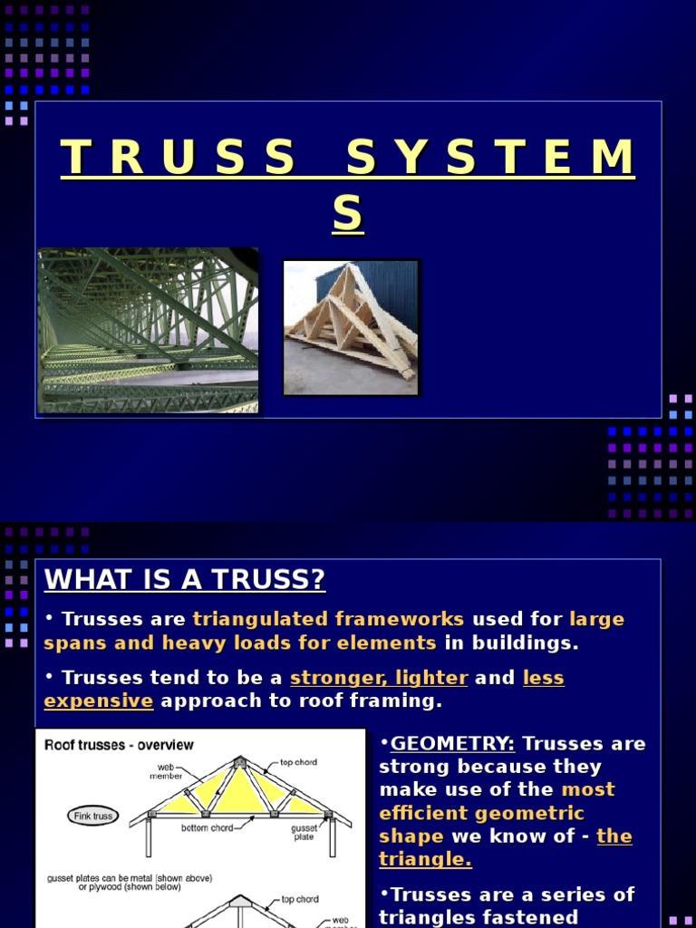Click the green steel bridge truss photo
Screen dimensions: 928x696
[x=148, y=330]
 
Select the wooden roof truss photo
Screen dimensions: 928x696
[x=351, y=327]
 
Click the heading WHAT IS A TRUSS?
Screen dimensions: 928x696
[x=185, y=580]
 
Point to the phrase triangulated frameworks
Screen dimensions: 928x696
[x=328, y=620]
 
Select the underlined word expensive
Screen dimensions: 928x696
[x=99, y=701]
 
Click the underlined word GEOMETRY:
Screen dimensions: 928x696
[x=452, y=744]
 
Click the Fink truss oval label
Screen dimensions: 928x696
[x=92, y=816]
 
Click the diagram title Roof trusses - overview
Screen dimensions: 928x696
[x=119, y=745]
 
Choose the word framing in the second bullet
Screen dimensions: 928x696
[x=396, y=701]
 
